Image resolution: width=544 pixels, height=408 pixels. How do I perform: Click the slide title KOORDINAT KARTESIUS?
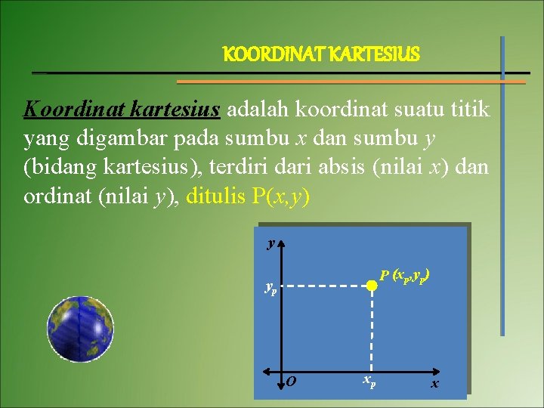tap(321, 55)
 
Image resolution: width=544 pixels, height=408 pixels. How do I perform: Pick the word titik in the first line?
tap(470, 111)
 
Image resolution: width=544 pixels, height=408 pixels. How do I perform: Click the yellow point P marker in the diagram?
tap(371, 286)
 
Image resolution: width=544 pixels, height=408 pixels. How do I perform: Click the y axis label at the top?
tap(270, 243)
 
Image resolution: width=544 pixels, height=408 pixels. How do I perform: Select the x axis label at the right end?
tap(434, 384)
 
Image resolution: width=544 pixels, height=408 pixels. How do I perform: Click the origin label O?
tap(291, 382)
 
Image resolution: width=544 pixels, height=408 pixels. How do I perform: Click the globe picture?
tap(80, 324)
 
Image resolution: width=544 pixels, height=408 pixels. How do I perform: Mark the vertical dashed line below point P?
tap(371, 329)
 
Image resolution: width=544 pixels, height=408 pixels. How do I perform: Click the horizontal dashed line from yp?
tap(325, 286)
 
